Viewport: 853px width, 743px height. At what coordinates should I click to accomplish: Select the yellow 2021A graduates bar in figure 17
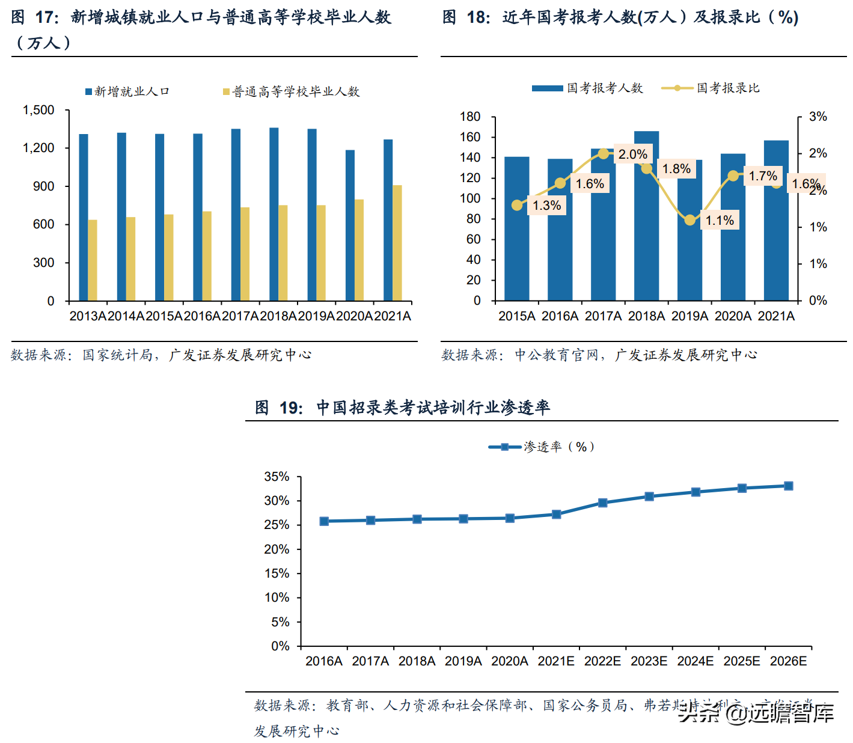(x=397, y=243)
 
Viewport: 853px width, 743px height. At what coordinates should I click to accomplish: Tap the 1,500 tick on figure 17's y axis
(x=38, y=110)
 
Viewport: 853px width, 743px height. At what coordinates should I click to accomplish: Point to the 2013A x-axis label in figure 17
(x=88, y=316)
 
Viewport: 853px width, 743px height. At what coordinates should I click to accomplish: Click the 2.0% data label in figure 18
(x=632, y=154)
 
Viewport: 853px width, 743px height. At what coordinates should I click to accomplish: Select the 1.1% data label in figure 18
(x=720, y=221)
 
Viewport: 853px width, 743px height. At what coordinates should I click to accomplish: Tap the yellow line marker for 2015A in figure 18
(x=517, y=206)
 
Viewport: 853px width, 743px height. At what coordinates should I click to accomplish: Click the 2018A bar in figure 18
(x=646, y=216)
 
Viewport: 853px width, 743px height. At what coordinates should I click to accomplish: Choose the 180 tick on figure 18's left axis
(x=470, y=117)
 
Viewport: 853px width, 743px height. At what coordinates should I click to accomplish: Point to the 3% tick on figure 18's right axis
(x=818, y=117)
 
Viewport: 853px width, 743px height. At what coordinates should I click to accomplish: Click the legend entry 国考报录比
(x=727, y=88)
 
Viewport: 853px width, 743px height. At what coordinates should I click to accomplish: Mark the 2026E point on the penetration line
(x=788, y=486)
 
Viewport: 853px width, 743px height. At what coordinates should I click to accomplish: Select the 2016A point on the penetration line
(x=324, y=521)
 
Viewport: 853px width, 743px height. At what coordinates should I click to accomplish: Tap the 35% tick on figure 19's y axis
(x=277, y=477)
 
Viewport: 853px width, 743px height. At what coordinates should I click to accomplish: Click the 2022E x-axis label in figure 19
(x=602, y=661)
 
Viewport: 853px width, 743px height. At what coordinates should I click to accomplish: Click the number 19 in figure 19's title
(x=291, y=408)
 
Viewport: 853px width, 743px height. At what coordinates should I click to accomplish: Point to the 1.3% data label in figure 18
(x=546, y=206)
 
